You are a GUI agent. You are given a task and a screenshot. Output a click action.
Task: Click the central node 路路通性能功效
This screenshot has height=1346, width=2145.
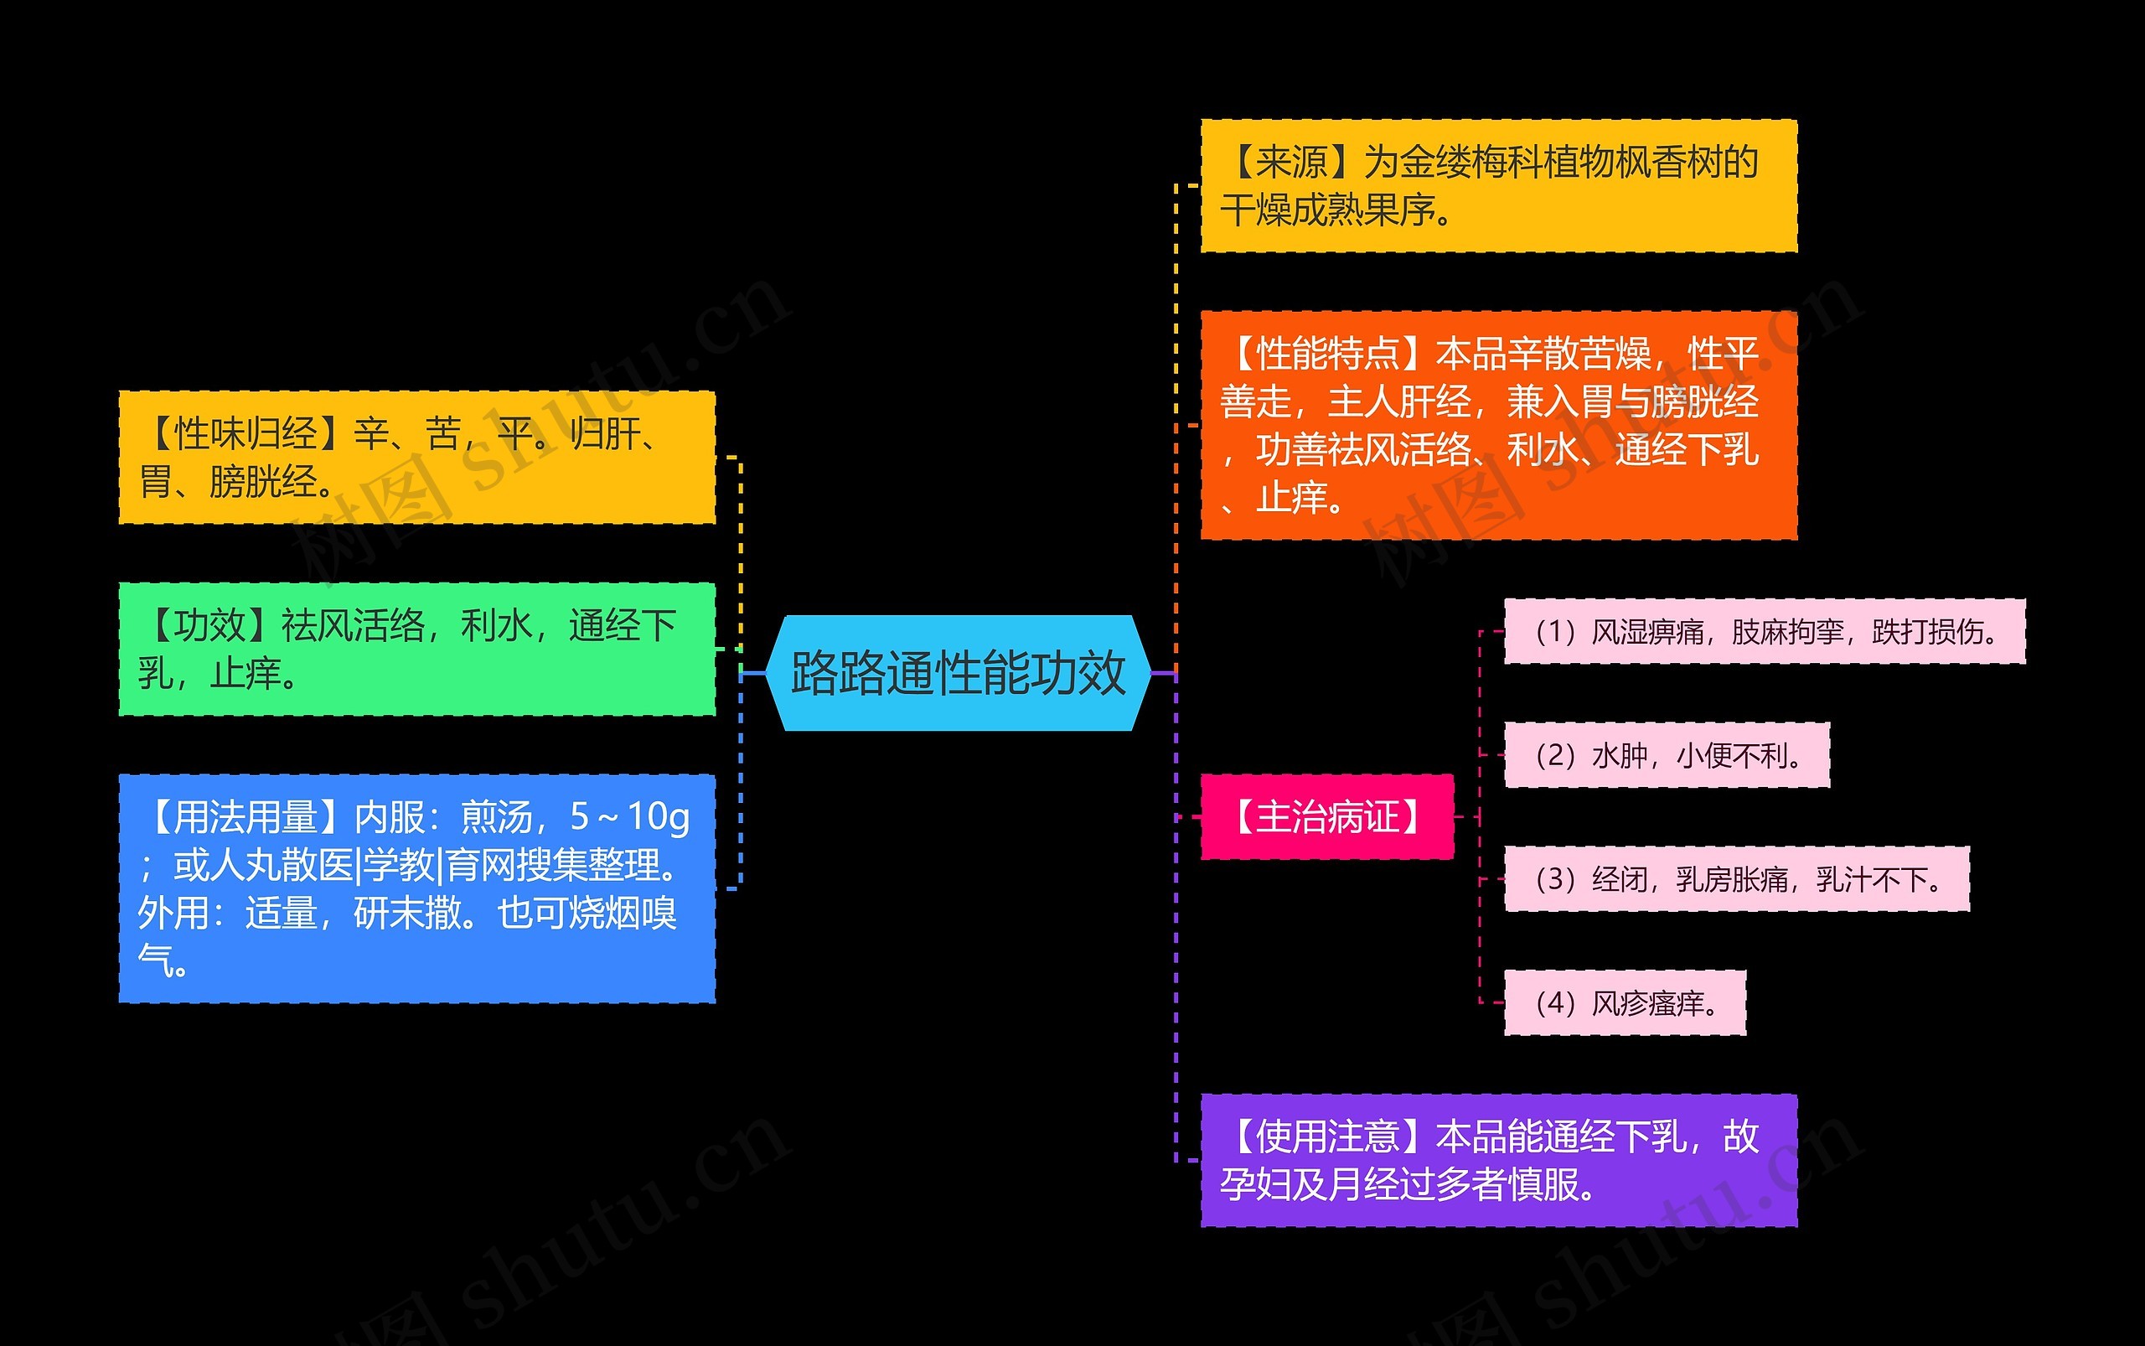(958, 673)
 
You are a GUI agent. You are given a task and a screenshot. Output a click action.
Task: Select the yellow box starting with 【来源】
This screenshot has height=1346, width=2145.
(1498, 186)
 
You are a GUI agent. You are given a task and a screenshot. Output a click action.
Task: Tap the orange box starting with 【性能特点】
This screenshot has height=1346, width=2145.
(1498, 425)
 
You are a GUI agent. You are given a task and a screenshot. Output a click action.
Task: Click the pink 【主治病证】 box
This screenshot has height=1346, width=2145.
(1326, 816)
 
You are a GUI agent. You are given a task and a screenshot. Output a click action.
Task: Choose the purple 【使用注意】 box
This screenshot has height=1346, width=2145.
(1498, 1160)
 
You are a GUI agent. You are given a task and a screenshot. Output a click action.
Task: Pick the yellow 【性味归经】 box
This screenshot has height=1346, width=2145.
(416, 457)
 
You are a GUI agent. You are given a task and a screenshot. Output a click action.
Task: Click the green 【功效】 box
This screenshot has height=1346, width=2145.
(416, 649)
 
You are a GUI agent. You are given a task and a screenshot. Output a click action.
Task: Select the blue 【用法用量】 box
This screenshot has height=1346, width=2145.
(416, 888)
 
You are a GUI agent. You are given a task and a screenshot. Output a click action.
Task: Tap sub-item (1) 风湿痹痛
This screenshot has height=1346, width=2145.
(1764, 631)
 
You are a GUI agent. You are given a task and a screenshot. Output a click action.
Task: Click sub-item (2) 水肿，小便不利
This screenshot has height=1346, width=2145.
(1667, 755)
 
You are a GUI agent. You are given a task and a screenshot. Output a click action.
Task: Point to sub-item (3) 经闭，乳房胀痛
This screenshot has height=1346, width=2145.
(1735, 878)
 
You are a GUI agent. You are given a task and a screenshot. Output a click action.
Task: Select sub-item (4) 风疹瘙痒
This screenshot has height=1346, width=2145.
(1625, 1002)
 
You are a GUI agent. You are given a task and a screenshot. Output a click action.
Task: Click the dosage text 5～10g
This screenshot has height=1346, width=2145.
(629, 816)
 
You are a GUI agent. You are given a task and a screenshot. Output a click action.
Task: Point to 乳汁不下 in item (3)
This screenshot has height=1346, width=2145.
(1873, 879)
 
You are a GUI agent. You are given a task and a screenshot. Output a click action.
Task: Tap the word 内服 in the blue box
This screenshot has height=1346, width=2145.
(389, 816)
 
